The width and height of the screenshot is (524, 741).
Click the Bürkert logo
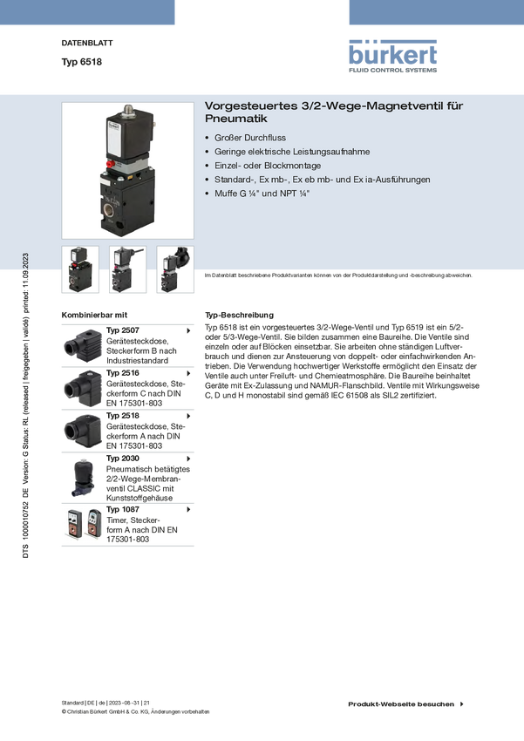(392, 56)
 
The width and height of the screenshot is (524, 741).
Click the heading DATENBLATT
(87, 43)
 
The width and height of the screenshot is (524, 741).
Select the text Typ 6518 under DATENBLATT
(81, 62)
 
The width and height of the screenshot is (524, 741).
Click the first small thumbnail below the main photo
(80, 269)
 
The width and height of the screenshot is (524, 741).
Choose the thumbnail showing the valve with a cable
(127, 269)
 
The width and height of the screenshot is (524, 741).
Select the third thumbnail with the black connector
(175, 269)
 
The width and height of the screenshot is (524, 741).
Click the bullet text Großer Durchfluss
(250, 138)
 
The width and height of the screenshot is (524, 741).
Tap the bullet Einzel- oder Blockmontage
(268, 166)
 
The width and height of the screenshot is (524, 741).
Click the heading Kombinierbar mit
(94, 315)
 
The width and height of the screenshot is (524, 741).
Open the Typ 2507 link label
(122, 330)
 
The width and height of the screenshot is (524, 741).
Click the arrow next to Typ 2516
(188, 373)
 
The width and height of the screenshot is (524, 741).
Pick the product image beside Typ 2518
(83, 431)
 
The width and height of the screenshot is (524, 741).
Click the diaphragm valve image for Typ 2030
(83, 478)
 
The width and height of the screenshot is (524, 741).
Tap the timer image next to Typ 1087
(84, 524)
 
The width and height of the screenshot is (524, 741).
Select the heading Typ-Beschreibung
(239, 315)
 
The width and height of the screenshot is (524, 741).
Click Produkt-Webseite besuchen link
(401, 704)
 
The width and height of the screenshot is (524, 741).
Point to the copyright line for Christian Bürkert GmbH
(136, 711)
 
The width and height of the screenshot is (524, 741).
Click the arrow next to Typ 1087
(188, 509)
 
